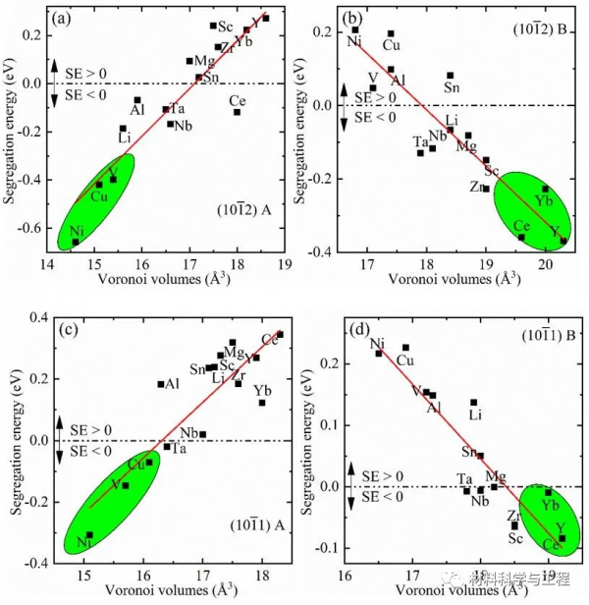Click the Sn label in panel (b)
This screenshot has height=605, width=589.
click(x=452, y=87)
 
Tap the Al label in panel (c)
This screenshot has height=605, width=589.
click(x=172, y=384)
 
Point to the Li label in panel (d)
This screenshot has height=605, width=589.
click(x=475, y=414)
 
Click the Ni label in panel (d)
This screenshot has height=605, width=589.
click(x=377, y=343)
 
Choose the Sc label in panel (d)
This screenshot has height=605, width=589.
click(x=515, y=538)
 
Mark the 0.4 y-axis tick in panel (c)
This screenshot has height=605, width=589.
click(x=35, y=316)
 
